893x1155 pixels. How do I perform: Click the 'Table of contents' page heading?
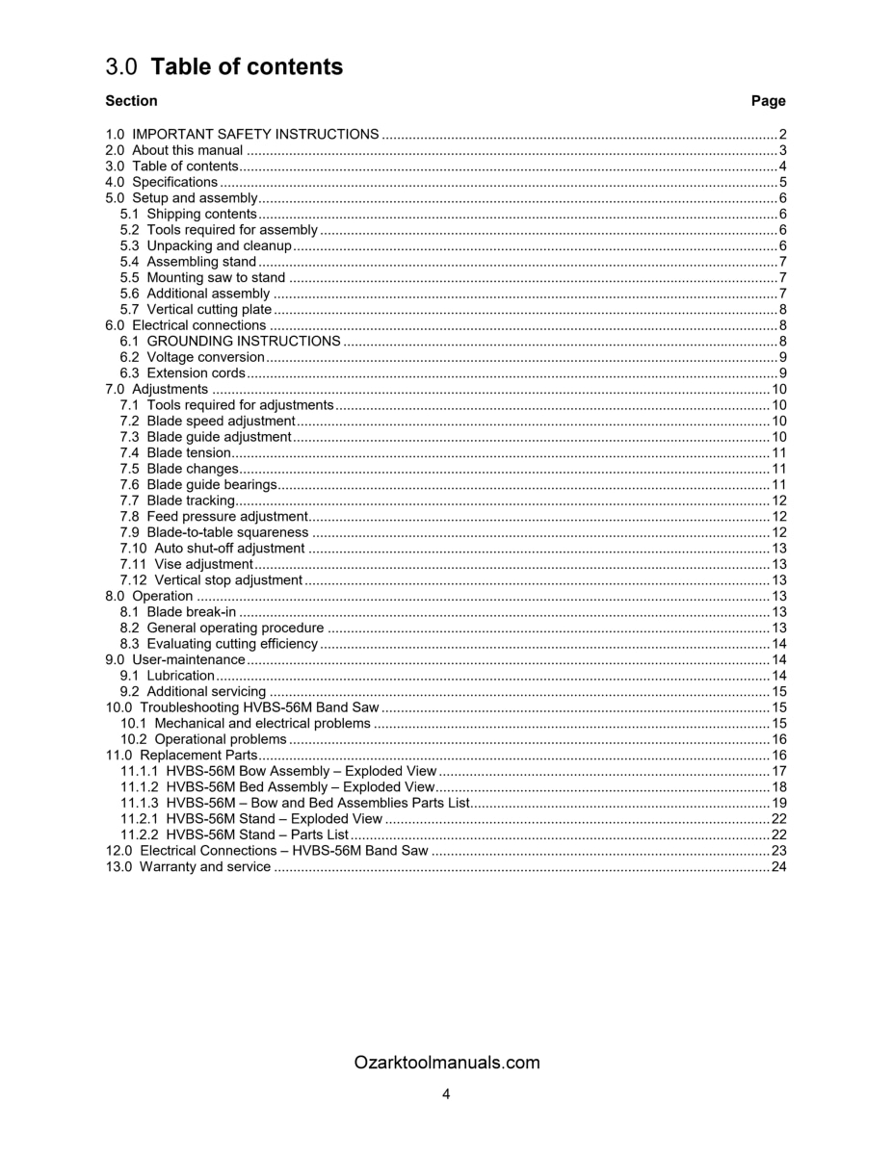[246, 66]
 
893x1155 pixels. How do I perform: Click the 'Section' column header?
[131, 101]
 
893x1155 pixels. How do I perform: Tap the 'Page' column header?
[768, 101]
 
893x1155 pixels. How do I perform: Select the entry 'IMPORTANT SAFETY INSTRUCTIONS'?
[254, 135]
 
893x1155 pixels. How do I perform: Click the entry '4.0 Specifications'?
[162, 182]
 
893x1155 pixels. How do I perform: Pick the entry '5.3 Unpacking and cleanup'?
[205, 245]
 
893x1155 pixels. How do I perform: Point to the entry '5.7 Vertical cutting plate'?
[196, 310]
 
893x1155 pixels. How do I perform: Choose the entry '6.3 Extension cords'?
[182, 373]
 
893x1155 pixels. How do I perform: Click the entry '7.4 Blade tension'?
[175, 453]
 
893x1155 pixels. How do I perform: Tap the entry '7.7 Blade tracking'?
[177, 500]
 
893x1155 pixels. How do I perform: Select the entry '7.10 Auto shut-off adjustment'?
[213, 549]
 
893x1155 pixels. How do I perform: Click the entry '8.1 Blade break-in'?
[178, 612]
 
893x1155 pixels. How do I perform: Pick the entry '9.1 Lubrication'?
[168, 676]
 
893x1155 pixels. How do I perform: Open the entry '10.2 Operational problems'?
[203, 739]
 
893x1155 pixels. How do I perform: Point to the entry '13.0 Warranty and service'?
[189, 867]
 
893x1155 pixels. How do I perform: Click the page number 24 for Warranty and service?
[778, 867]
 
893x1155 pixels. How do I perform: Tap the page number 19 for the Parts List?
[778, 803]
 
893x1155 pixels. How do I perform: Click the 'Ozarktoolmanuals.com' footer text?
[446, 1063]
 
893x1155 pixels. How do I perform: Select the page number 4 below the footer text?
[446, 1093]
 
